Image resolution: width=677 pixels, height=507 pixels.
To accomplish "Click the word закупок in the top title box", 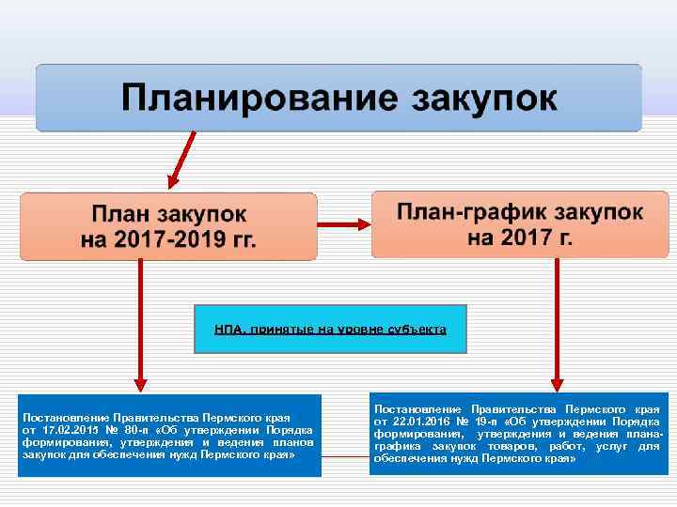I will tap(480, 98).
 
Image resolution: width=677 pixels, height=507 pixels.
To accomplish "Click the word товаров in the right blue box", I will tap(512, 446).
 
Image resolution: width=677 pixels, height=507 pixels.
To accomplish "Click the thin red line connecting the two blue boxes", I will tap(345, 456).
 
